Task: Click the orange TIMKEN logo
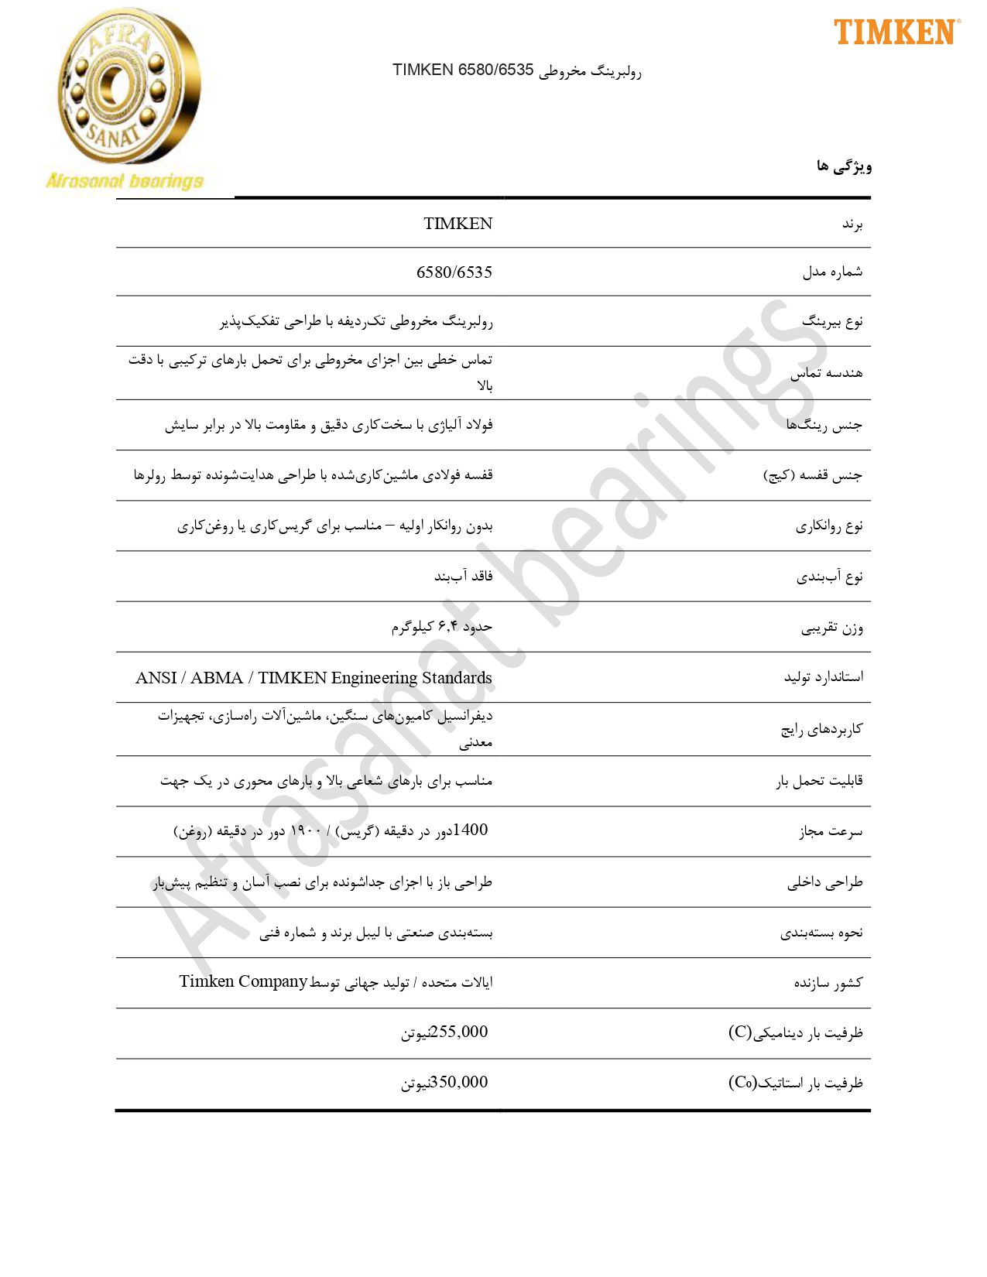tap(896, 33)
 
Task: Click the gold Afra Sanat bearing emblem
tap(128, 87)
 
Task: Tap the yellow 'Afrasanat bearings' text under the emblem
tap(125, 181)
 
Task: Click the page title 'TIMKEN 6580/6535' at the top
tap(463, 70)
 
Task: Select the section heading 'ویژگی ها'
tap(844, 166)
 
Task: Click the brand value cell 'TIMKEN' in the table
tap(458, 224)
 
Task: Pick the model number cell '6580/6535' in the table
tap(454, 272)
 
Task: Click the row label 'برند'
tap(852, 224)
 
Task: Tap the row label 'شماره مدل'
tap(832, 272)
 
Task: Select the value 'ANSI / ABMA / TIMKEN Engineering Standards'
tap(314, 678)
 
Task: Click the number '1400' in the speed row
tap(470, 830)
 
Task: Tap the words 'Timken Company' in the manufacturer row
tap(243, 981)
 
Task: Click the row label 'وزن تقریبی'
tap(831, 628)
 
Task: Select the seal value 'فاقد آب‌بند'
tap(463, 577)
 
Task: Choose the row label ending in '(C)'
tap(795, 1032)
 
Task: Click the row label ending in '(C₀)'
tap(795, 1083)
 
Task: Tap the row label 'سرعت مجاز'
tap(831, 831)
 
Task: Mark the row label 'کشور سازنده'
tap(828, 983)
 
